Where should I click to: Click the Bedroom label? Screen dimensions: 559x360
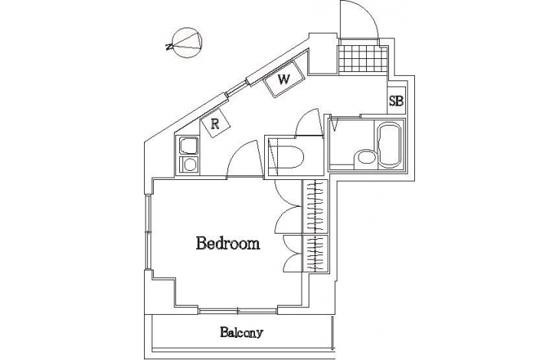point(227,244)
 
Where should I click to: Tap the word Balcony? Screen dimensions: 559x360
point(241,332)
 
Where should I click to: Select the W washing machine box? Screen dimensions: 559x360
point(284,79)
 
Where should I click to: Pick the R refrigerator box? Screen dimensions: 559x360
point(215,123)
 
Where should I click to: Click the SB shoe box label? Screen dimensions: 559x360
point(396,101)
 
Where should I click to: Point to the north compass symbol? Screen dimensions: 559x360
point(185,43)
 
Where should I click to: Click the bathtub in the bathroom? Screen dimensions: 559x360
point(389,146)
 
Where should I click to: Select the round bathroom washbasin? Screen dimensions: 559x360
point(365,157)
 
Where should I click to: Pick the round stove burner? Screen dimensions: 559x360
point(189,165)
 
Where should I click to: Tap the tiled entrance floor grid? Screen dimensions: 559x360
point(362,59)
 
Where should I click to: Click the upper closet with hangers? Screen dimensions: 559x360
point(315,206)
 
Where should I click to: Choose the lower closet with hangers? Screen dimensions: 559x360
point(315,253)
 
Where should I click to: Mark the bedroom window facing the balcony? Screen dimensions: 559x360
point(238,311)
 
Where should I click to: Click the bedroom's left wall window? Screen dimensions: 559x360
point(148,232)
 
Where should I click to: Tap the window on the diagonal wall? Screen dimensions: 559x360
point(236,88)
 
